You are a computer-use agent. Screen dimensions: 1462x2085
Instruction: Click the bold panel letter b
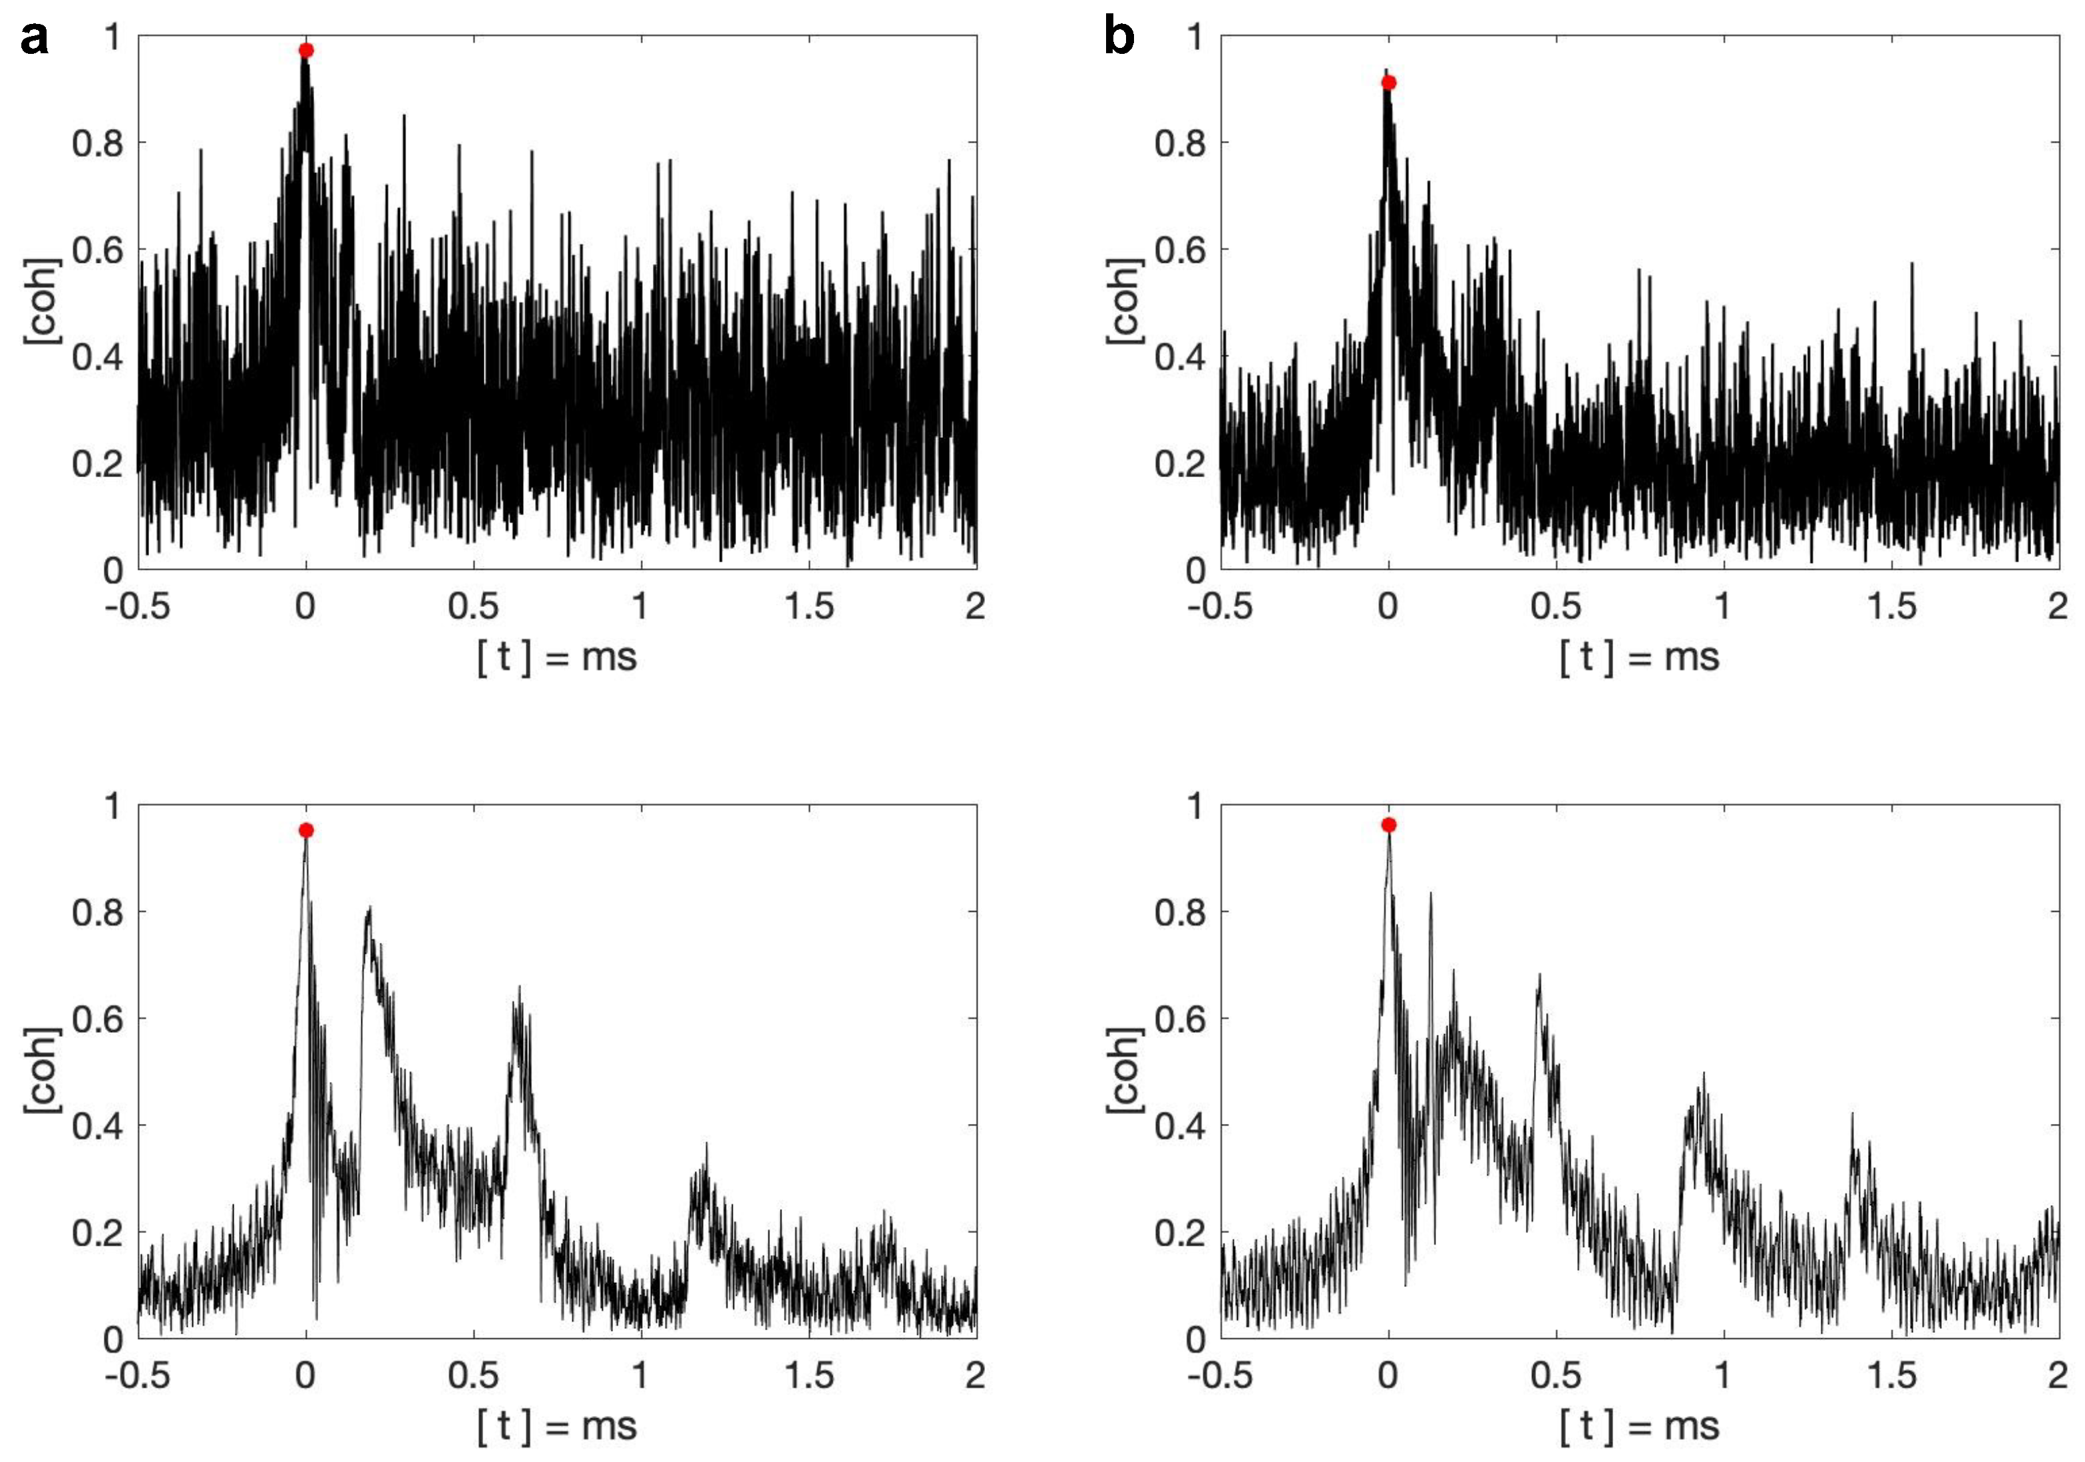tap(1119, 39)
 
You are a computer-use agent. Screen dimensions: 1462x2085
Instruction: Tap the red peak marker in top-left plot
tap(306, 50)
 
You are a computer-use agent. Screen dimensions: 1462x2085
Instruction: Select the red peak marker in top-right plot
tap(1388, 83)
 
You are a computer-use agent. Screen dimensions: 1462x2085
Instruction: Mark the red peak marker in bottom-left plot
tap(306, 830)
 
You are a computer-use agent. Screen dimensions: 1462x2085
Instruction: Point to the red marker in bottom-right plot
tap(1388, 824)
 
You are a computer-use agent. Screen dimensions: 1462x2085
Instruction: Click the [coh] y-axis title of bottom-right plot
tap(1124, 1071)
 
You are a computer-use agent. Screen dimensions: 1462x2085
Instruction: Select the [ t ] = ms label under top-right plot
tap(1639, 657)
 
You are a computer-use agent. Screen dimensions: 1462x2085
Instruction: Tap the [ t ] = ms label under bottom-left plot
tap(556, 1425)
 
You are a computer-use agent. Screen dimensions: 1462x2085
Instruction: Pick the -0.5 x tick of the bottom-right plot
tap(1220, 1375)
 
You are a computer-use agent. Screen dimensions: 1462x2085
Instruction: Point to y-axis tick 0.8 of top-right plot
tap(1180, 142)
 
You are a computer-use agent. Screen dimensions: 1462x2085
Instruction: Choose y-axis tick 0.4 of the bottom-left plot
tap(97, 1125)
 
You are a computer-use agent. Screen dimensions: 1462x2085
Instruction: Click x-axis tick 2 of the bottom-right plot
tap(2058, 1375)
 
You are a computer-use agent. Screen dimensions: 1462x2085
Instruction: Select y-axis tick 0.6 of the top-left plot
tap(97, 250)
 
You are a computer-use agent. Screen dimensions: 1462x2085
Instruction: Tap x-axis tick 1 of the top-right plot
tap(1723, 606)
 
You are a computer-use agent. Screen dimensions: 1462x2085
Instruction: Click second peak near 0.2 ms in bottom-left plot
tap(369, 910)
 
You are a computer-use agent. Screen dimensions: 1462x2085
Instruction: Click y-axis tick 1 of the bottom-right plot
tap(1195, 805)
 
